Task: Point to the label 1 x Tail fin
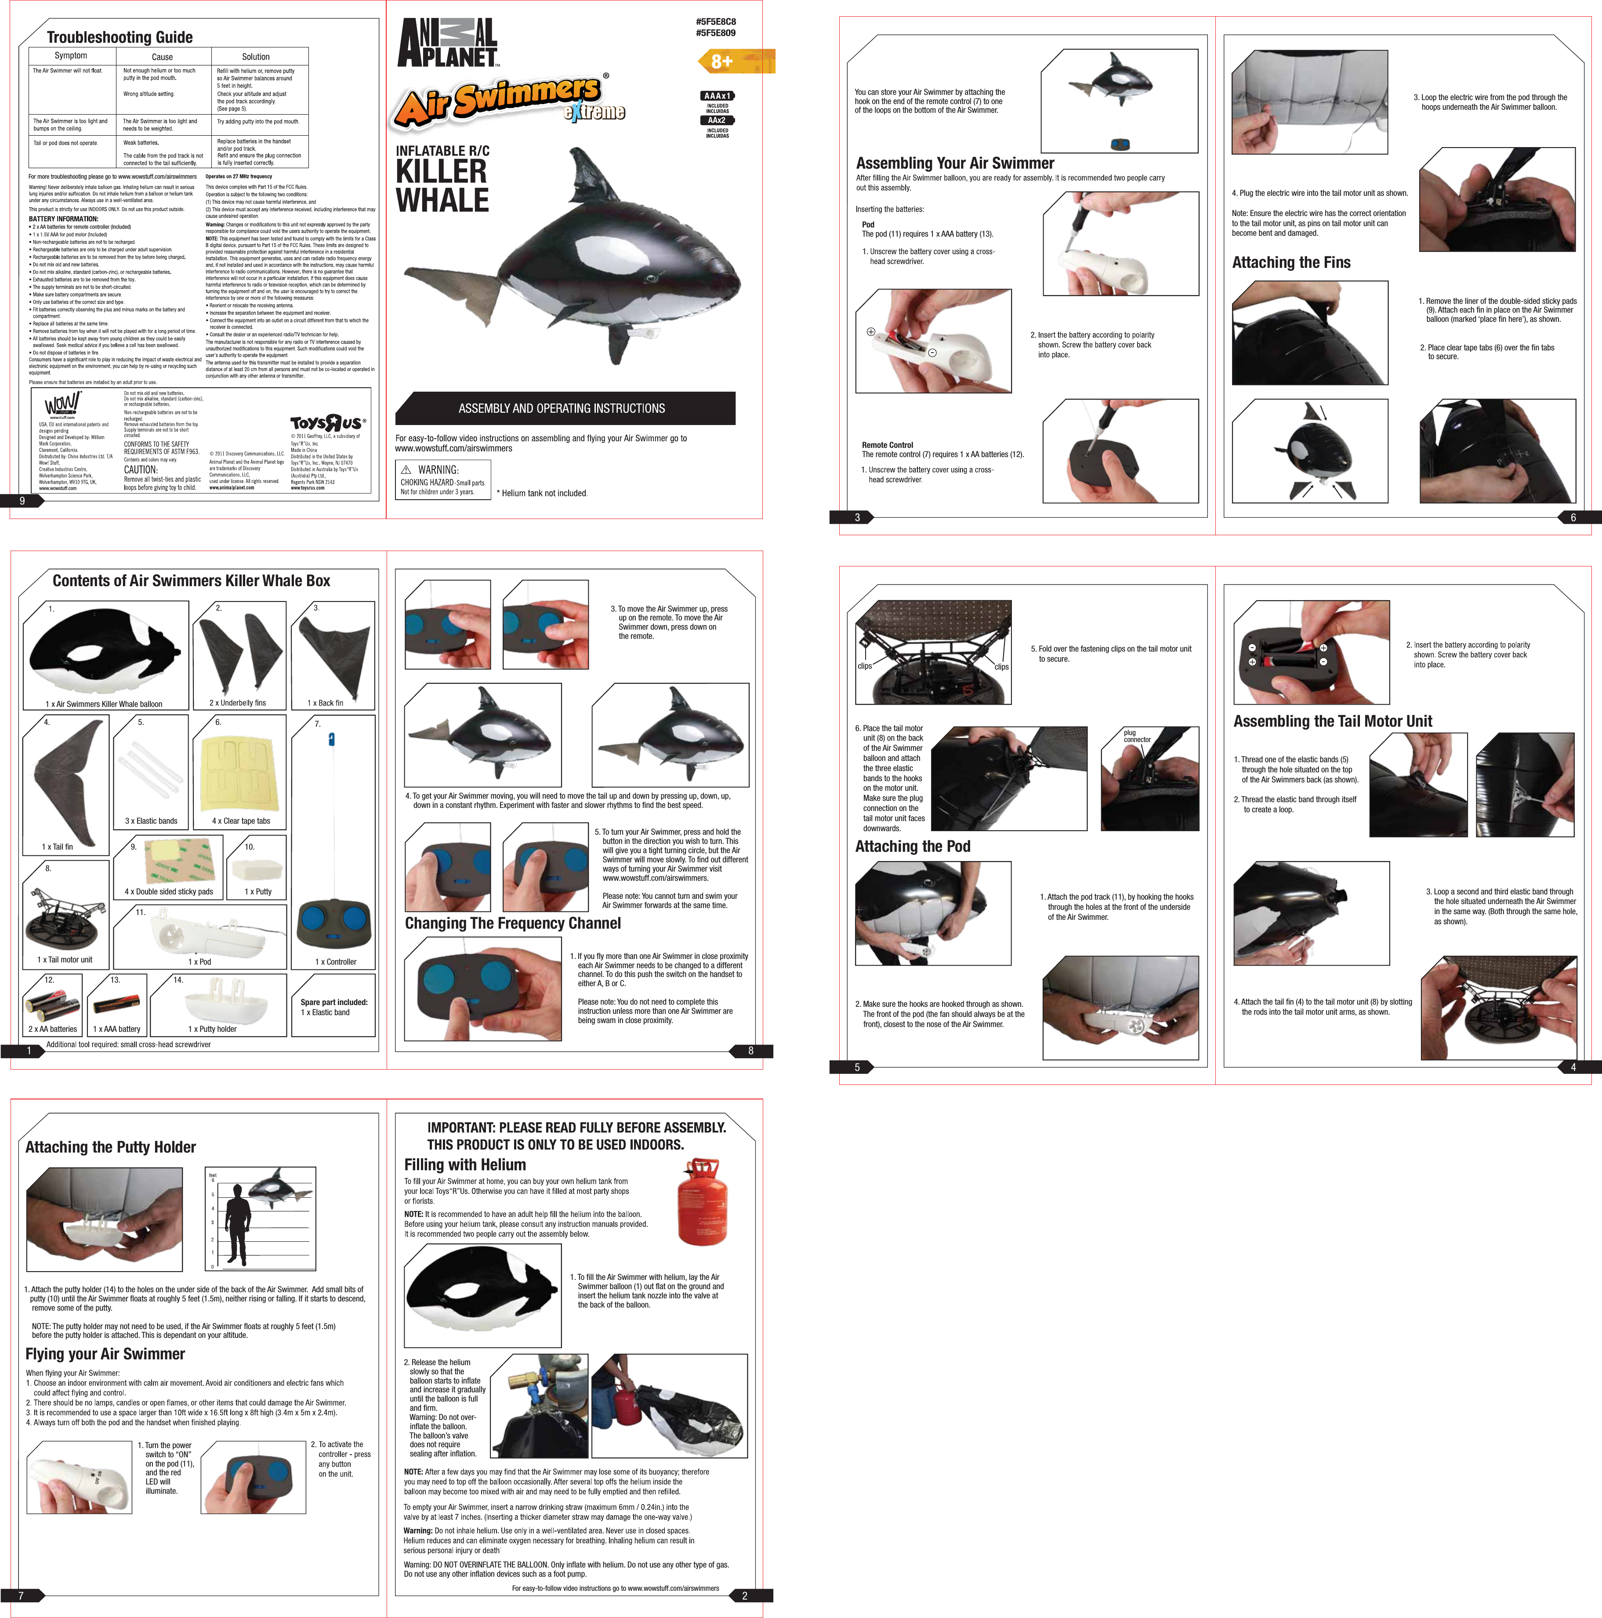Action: pyautogui.click(x=58, y=847)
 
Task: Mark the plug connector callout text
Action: pyautogui.click(x=1137, y=736)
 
